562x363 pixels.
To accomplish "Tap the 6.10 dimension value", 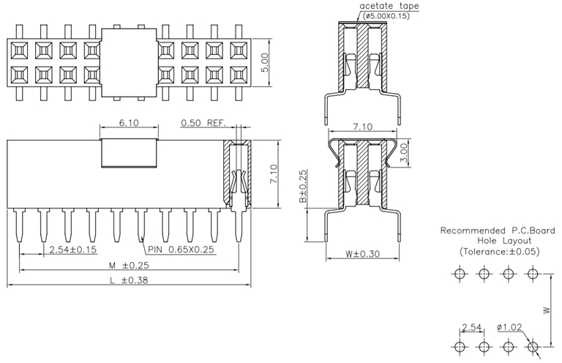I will tap(128, 122).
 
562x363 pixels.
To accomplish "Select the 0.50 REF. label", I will tap(202, 122).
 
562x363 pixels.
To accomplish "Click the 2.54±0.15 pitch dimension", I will tap(72, 250).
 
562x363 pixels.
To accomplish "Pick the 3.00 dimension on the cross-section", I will tap(414, 156).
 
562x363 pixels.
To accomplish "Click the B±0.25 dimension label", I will tap(302, 187).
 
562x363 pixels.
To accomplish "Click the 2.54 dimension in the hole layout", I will tap(471, 327).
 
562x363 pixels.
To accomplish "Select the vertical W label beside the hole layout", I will tap(547, 310).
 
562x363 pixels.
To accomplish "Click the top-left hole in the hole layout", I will tap(459, 274).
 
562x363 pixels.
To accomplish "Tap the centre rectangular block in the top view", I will tap(130, 62).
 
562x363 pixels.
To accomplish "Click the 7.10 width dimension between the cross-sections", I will tap(364, 127).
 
